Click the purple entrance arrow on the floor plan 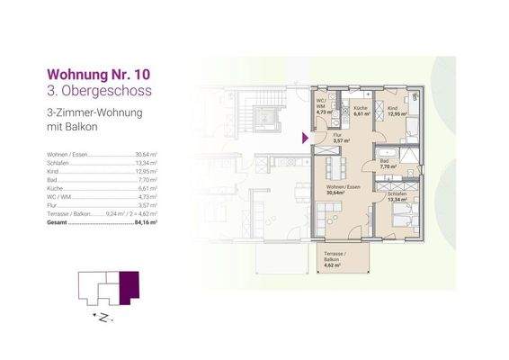coord(307,138)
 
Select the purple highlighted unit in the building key coord(129,288)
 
